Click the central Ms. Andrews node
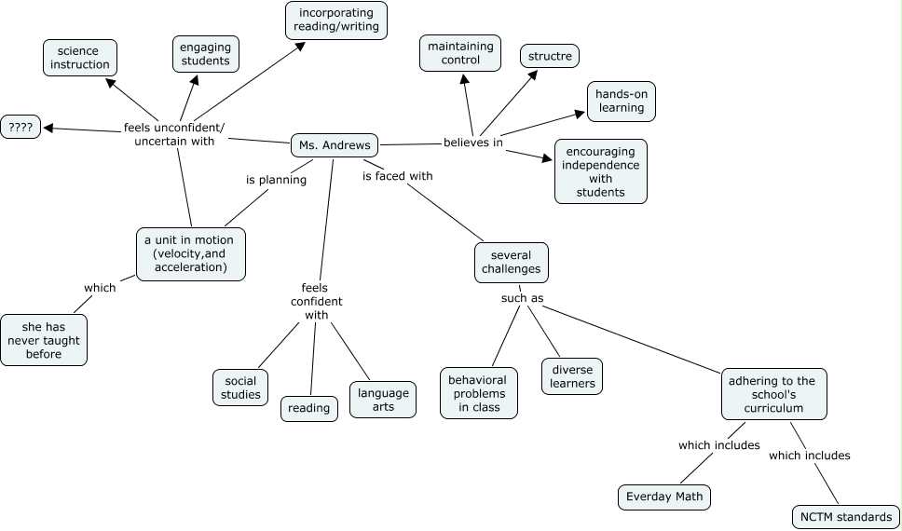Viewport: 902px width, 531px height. [x=335, y=145]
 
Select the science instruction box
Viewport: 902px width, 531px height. [x=80, y=58]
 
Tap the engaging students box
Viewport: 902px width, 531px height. [x=206, y=54]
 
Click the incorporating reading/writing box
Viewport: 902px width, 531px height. [x=336, y=20]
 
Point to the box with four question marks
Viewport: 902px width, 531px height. [x=20, y=128]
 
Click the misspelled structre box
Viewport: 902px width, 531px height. [x=550, y=56]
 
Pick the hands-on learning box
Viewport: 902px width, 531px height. [x=622, y=102]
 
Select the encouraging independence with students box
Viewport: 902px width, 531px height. [x=601, y=171]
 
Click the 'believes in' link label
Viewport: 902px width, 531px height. [x=473, y=143]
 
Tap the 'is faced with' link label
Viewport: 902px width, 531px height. [x=398, y=175]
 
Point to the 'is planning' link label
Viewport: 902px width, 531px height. [x=276, y=180]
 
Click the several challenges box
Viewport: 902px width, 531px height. [x=512, y=263]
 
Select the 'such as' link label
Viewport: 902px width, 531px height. [x=522, y=299]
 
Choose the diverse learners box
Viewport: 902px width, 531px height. [x=572, y=376]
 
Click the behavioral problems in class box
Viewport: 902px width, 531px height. [x=479, y=393]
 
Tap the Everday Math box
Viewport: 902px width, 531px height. [x=664, y=497]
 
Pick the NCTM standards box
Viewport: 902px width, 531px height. [x=846, y=517]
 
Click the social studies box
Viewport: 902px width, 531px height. [x=240, y=388]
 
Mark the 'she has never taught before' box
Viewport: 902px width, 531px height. [x=44, y=341]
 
